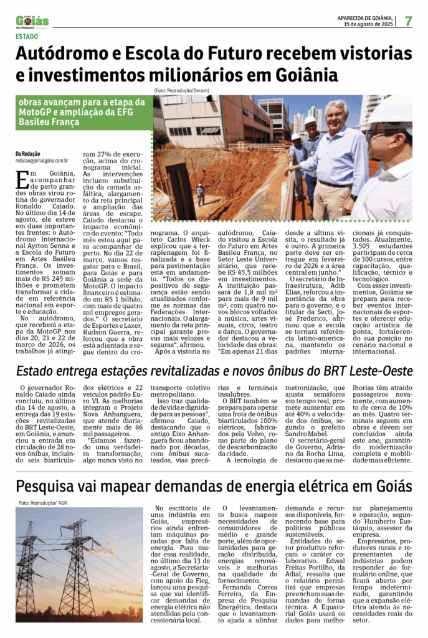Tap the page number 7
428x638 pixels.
click(x=408, y=21)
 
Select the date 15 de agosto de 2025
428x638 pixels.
click(x=370, y=24)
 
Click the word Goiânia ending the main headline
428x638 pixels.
click(x=302, y=76)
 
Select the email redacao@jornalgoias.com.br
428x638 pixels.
click(x=42, y=160)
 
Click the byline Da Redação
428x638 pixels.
click(x=28, y=153)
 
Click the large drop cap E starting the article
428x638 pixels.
click(x=22, y=180)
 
